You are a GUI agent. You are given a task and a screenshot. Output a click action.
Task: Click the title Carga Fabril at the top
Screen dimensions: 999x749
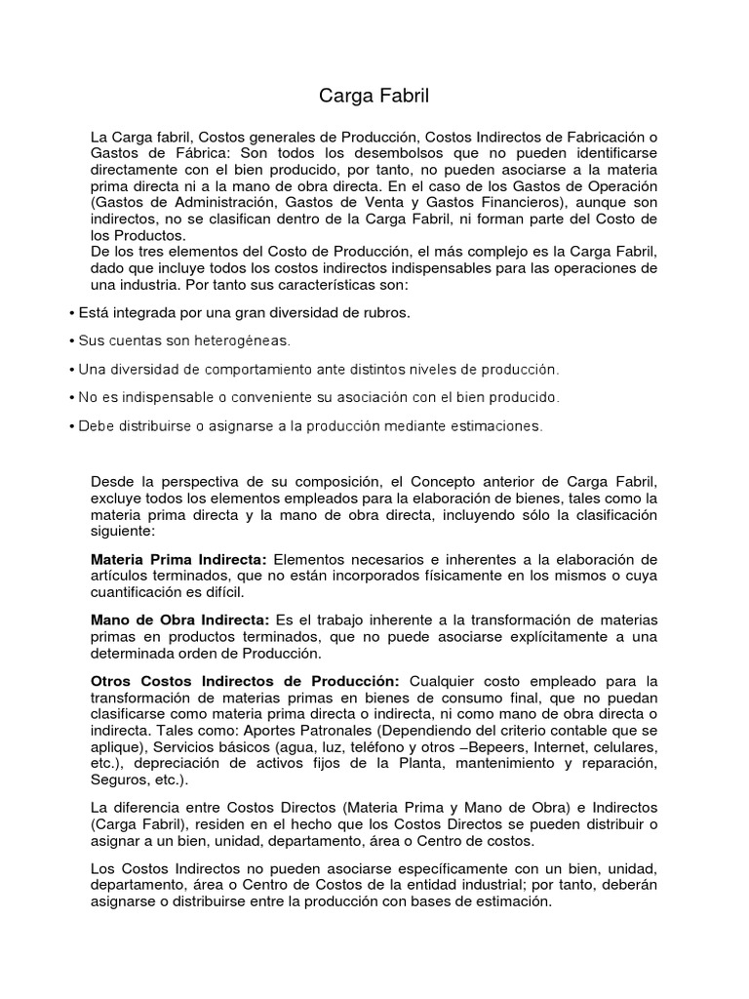pyautogui.click(x=374, y=96)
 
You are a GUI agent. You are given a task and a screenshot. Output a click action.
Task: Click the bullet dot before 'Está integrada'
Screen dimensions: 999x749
pyautogui.click(x=72, y=312)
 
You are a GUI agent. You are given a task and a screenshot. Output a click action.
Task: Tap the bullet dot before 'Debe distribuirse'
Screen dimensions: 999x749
pyautogui.click(x=72, y=425)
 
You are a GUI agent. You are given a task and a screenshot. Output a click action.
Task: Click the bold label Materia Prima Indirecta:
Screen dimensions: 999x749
pyautogui.click(x=178, y=559)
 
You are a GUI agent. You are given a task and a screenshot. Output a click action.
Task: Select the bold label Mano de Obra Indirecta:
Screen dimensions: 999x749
pyautogui.click(x=180, y=619)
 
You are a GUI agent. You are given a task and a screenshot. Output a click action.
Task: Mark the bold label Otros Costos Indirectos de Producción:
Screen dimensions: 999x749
pyautogui.click(x=245, y=680)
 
